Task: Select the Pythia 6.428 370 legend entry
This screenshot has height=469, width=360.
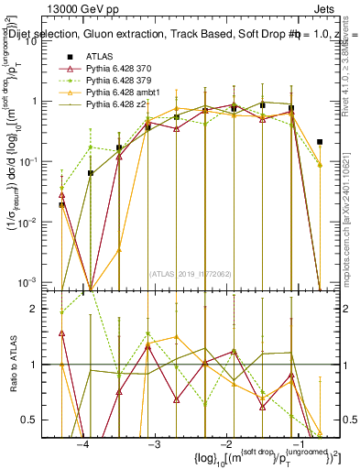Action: tap(120, 69)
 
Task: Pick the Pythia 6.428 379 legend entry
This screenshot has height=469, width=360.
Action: tap(120, 82)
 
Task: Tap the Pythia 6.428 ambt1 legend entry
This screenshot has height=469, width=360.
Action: tap(124, 93)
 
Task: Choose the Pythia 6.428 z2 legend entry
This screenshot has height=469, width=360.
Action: tap(117, 106)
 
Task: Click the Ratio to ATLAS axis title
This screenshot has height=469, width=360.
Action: tap(12, 364)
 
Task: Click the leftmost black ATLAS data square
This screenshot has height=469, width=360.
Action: tap(61, 205)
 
